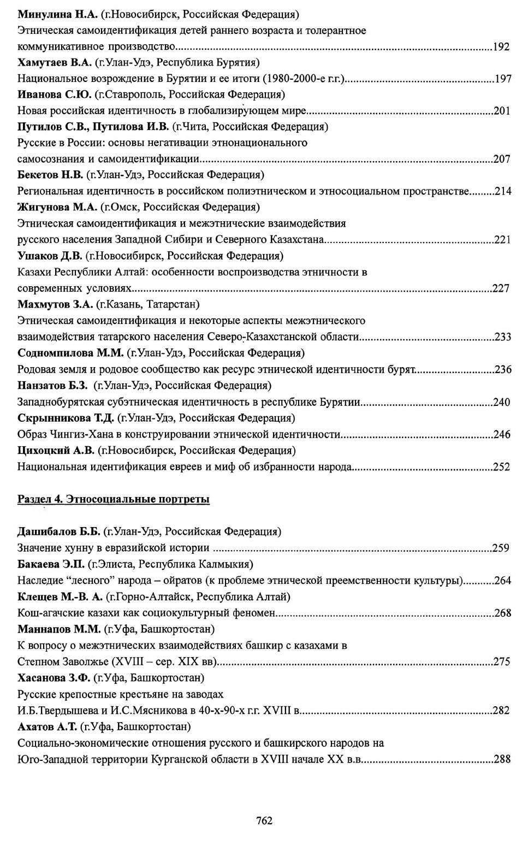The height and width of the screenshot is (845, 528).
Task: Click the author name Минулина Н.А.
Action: (x=57, y=14)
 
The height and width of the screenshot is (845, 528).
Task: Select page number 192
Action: (x=501, y=46)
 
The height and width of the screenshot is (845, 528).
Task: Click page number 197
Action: (x=502, y=79)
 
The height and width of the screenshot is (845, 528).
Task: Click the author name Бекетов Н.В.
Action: (x=50, y=175)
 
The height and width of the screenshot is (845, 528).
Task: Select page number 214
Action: (x=502, y=191)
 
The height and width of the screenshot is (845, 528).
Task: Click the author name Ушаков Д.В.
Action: (x=50, y=256)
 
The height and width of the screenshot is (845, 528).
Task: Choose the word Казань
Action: (x=123, y=304)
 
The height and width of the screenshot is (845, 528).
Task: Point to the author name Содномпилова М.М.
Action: (x=70, y=352)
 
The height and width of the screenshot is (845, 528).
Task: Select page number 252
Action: (x=501, y=466)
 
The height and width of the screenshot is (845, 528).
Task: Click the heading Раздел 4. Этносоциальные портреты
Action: (x=114, y=499)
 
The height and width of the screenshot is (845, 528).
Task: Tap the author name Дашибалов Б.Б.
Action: (x=58, y=531)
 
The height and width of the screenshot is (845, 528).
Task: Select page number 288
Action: (x=501, y=759)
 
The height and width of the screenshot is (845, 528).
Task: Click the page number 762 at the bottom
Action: (x=264, y=820)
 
